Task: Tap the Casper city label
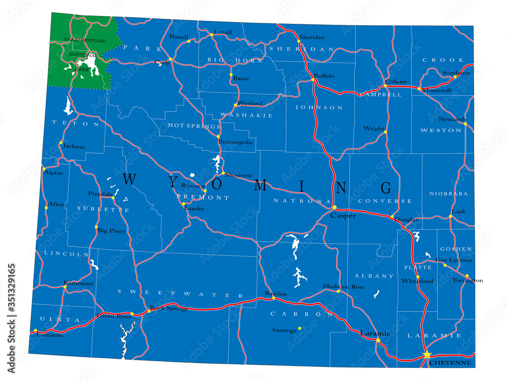tap(343, 216)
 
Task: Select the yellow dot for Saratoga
tap(300, 328)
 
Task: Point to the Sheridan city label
tap(311, 37)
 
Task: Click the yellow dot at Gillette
tap(385, 86)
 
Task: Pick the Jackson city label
tap(74, 146)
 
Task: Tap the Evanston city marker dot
tap(35, 331)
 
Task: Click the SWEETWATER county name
tap(180, 293)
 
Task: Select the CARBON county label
tap(295, 314)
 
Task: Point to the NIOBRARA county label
tap(448, 194)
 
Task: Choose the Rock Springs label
tap(169, 308)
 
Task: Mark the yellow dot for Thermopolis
tap(219, 136)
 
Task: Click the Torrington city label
tap(467, 280)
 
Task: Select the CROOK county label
tap(436, 60)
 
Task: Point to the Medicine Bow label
tap(343, 287)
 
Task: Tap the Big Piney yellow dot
tap(96, 227)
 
